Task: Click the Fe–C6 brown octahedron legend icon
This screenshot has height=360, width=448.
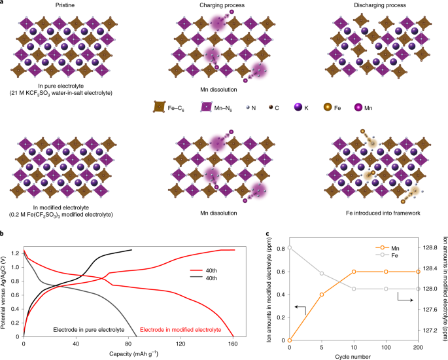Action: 159,104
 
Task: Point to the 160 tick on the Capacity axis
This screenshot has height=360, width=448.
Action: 233,346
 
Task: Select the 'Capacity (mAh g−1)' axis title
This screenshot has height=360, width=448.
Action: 128,355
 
